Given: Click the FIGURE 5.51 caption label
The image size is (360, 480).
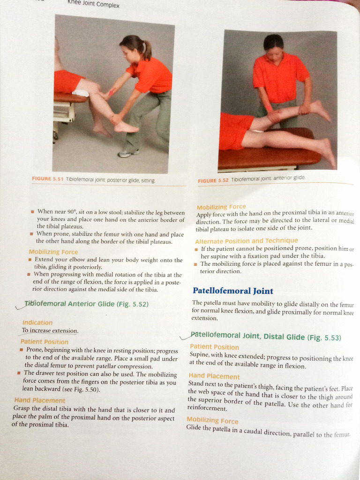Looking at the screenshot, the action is click(47, 179).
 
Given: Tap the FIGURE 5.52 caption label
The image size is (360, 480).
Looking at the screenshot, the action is click(213, 180).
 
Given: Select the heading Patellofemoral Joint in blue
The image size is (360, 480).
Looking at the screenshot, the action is click(233, 291).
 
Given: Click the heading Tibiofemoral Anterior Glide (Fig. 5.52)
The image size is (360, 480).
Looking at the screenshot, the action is click(86, 304).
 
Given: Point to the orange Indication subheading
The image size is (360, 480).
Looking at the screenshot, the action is click(37, 322).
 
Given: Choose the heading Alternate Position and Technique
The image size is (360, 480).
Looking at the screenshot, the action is click(246, 241).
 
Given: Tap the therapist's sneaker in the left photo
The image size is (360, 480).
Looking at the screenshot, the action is click(128, 153).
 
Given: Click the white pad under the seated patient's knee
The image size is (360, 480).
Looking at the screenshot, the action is click(81, 93).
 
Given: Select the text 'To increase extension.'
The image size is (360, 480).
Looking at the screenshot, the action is click(50, 330).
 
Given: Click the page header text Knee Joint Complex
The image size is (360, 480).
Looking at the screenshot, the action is click(93, 4).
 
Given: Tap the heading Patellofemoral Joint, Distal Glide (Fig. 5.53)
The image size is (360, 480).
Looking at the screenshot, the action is click(266, 337).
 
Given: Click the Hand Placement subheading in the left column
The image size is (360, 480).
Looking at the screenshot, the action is click(40, 400).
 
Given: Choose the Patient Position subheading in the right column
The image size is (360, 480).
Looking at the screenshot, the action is click(214, 347).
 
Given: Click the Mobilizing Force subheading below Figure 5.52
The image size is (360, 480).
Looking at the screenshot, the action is click(221, 207).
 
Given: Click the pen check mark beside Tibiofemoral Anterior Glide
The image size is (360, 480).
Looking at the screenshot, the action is click(21, 306).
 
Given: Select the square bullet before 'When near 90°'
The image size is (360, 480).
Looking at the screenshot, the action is click(32, 211).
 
